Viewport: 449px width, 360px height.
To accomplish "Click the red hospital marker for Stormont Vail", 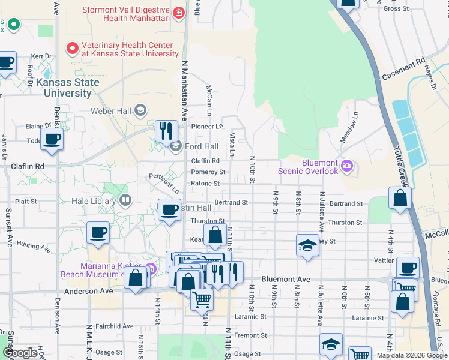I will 178,13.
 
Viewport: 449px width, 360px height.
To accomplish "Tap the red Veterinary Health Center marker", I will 73,47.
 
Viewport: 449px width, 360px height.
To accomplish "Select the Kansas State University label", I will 64,88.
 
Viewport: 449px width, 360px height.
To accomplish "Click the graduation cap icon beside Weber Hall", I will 140,109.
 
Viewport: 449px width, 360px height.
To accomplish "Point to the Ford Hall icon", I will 176,146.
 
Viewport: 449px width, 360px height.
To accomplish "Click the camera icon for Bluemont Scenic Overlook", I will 346,166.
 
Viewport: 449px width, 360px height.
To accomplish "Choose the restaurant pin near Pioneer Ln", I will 166,131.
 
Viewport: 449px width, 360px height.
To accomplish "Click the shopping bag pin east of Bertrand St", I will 400,199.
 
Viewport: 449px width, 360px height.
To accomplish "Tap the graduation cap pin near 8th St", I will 307,245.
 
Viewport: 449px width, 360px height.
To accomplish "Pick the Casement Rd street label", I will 403,70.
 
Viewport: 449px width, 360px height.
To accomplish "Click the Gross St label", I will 396,8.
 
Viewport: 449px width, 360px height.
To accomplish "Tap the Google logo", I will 20,353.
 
